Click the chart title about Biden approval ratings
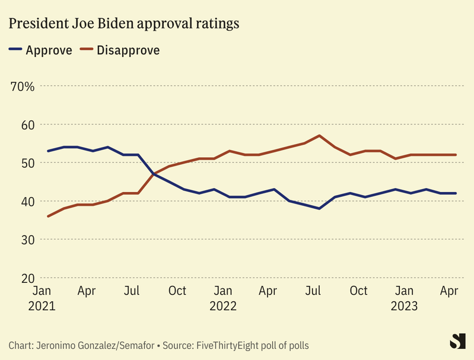[x=123, y=24]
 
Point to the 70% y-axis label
[x=23, y=87]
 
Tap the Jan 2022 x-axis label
[x=222, y=298]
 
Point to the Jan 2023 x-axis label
[x=405, y=298]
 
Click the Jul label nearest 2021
[x=132, y=291]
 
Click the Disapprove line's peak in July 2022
[x=320, y=136]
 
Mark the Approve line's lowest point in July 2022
[x=320, y=209]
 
